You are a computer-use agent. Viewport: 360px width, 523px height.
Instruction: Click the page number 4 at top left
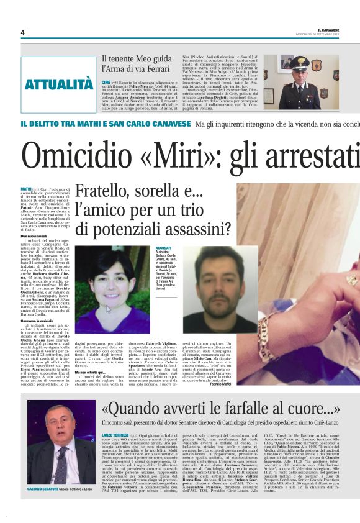coord(22,32)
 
